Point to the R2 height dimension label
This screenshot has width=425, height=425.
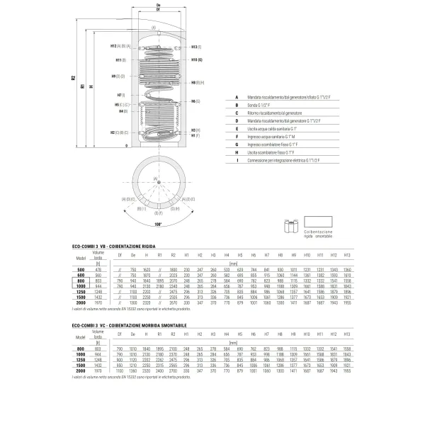pyautogui.click(x=74, y=79)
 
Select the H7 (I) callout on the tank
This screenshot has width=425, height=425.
pyautogui.click(x=120, y=95)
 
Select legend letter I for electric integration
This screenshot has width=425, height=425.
pyautogui.click(x=237, y=159)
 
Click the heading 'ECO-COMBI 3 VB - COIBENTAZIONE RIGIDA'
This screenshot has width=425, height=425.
pyautogui.click(x=123, y=244)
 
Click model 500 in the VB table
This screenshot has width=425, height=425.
pyautogui.click(x=81, y=270)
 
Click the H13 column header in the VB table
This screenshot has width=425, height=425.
pyautogui.click(x=346, y=254)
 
